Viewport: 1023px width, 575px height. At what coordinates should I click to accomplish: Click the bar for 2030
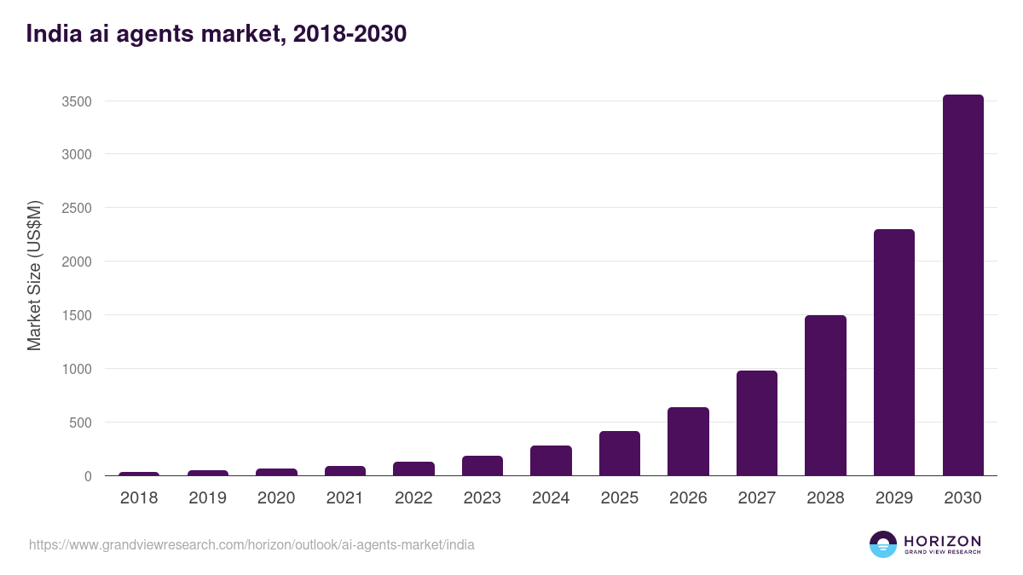(962, 285)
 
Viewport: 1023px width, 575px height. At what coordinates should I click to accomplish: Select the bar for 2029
(893, 353)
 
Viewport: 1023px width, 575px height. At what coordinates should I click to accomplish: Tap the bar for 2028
(825, 395)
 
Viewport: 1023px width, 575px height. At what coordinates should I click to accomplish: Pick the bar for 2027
(757, 423)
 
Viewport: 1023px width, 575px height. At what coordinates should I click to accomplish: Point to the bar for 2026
(688, 441)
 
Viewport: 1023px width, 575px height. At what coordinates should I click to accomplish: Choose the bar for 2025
(620, 453)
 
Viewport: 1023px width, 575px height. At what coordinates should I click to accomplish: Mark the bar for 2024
(551, 461)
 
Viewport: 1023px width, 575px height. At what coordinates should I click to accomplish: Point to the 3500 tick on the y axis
(76, 101)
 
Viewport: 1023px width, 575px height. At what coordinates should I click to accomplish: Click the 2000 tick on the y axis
(76, 262)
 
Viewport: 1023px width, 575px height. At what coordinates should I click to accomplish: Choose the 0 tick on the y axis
(87, 476)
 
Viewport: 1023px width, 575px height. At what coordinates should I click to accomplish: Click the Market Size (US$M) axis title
(34, 275)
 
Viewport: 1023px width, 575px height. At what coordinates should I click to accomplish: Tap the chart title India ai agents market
(217, 34)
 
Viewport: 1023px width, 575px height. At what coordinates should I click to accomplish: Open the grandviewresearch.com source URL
(251, 544)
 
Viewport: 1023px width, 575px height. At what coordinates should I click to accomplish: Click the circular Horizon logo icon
(883, 544)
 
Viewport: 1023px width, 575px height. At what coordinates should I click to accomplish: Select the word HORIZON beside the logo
(942, 541)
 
